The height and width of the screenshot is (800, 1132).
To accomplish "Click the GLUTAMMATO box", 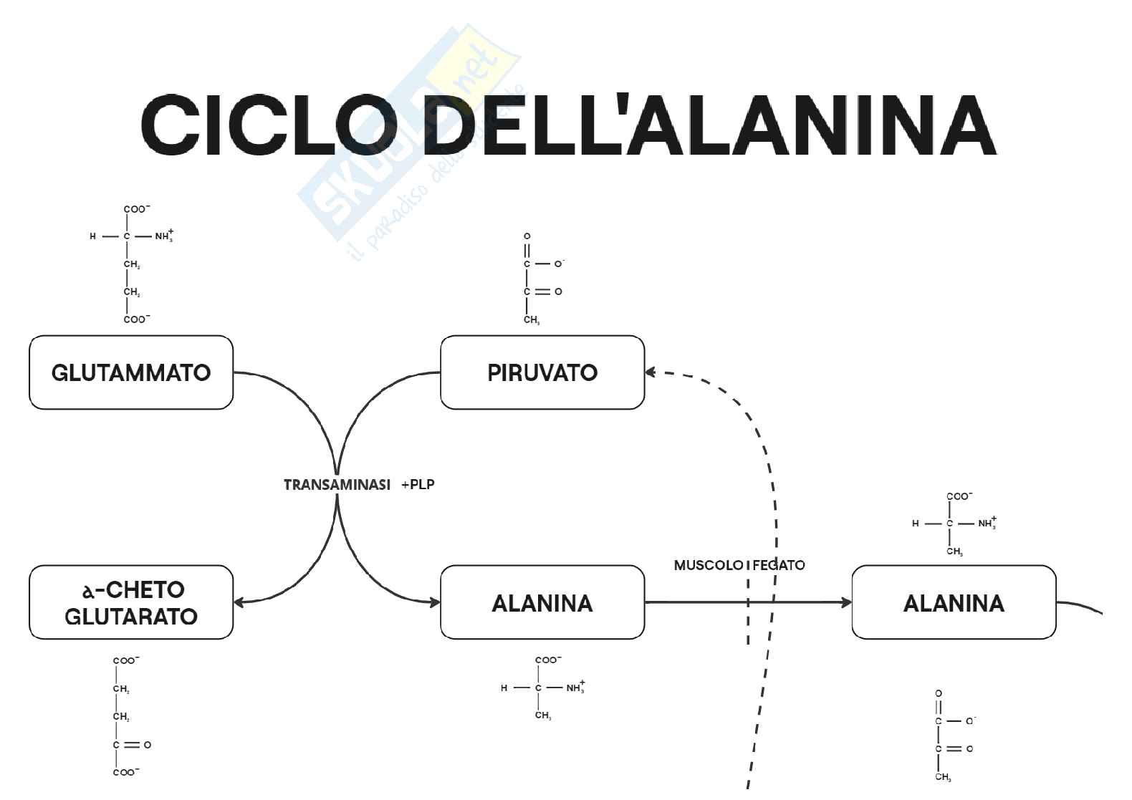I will pyautogui.click(x=131, y=372).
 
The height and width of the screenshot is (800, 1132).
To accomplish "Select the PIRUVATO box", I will pyautogui.click(x=542, y=372).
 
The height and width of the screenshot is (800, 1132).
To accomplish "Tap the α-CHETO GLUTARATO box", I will pyautogui.click(x=131, y=602).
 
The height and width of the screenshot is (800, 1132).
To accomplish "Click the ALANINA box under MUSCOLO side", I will pyautogui.click(x=542, y=603).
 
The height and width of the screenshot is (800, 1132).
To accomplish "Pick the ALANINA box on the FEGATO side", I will pyautogui.click(x=954, y=603).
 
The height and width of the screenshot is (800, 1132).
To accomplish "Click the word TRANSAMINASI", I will pyautogui.click(x=337, y=485).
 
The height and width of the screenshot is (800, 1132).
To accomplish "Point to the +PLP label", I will pyautogui.click(x=418, y=485).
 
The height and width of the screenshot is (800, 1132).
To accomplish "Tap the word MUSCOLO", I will pyautogui.click(x=708, y=565).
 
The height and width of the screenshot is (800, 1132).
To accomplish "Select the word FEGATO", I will pyautogui.click(x=779, y=565).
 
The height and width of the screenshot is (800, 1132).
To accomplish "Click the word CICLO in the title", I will pyautogui.click(x=269, y=125).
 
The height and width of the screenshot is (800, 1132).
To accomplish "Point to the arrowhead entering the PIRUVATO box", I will pyautogui.click(x=651, y=372).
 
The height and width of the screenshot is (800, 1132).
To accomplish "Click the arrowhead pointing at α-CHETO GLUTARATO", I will pyautogui.click(x=239, y=602).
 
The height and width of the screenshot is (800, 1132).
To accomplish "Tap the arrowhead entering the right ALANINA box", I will pyautogui.click(x=846, y=603).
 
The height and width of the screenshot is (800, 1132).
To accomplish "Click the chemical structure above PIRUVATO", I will pyautogui.click(x=541, y=278).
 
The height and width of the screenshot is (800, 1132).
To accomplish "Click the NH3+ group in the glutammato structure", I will pyautogui.click(x=164, y=236).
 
